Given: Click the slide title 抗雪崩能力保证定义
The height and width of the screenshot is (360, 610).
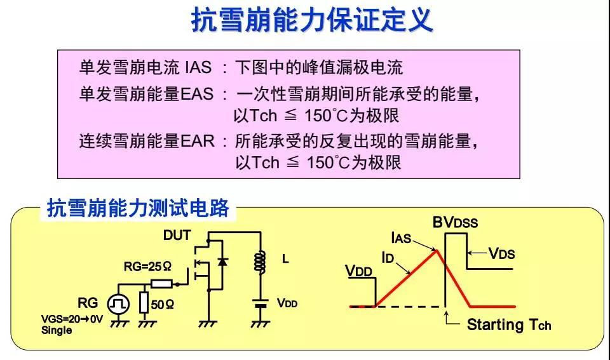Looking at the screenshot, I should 312,21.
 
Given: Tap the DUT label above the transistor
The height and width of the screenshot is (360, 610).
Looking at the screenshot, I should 177,236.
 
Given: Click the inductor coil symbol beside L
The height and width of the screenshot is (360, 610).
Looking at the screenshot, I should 259,261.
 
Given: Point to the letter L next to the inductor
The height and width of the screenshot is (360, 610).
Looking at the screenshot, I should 285,260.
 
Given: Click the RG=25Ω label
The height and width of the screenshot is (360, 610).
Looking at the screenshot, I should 147,267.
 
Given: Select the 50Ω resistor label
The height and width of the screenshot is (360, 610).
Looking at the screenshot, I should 163,305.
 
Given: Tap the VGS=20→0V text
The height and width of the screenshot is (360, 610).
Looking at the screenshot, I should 72,319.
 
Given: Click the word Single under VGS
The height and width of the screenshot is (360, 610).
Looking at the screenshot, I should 57,330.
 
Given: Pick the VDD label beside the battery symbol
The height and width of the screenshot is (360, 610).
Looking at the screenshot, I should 287,303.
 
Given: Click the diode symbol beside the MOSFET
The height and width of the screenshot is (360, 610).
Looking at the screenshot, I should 222,262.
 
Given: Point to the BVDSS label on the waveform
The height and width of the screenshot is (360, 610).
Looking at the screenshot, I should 455,223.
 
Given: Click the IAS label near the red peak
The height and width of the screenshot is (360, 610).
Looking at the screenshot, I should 402,239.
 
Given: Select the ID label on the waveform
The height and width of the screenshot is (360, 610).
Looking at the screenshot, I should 390,257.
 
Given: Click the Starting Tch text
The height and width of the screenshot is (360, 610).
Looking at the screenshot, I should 509,325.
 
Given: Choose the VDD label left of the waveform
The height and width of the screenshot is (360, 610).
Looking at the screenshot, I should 359,271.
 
